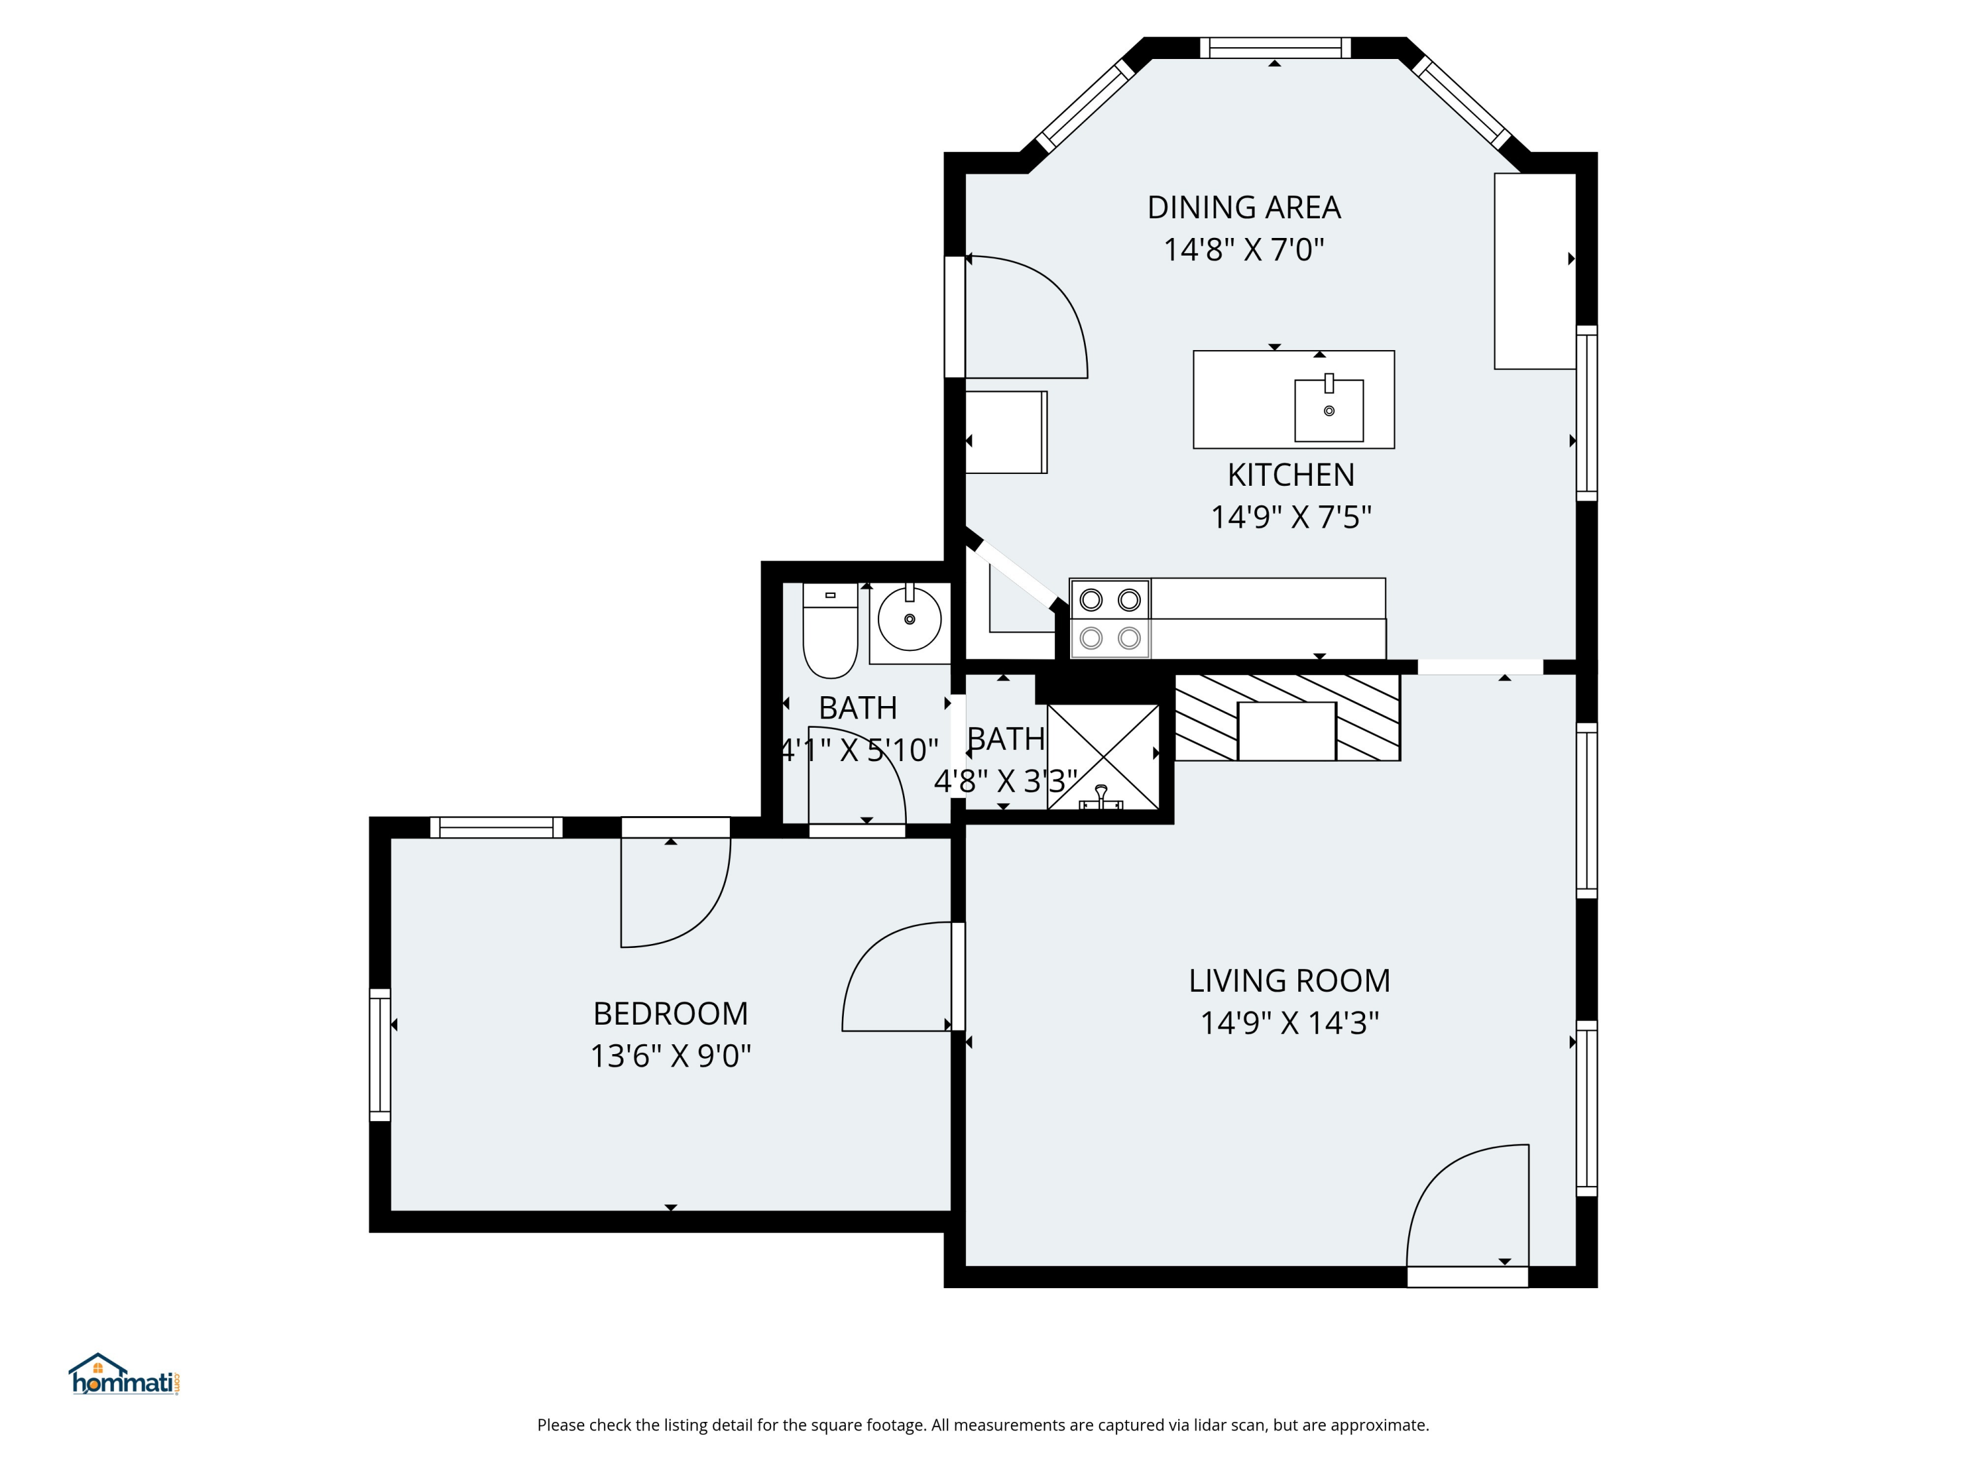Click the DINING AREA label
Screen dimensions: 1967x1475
pyautogui.click(x=1243, y=207)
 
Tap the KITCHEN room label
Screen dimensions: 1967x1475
pyautogui.click(x=1290, y=475)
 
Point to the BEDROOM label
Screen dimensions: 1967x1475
pyautogui.click(x=671, y=1013)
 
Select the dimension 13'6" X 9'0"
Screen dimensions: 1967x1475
pyautogui.click(x=671, y=1056)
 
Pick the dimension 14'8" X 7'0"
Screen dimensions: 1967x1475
pyautogui.click(x=1243, y=250)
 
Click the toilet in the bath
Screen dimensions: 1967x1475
pyautogui.click(x=829, y=631)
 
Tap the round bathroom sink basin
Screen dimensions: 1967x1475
pyautogui.click(x=909, y=619)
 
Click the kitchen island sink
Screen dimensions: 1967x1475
pyautogui.click(x=1328, y=410)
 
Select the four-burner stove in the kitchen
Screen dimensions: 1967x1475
pyautogui.click(x=1110, y=619)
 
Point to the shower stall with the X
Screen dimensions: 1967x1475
pyautogui.click(x=1103, y=757)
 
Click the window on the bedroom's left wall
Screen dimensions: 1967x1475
pyautogui.click(x=380, y=1054)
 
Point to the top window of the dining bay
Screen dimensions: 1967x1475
pyautogui.click(x=1275, y=48)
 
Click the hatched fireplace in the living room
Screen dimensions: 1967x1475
pyautogui.click(x=1288, y=717)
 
